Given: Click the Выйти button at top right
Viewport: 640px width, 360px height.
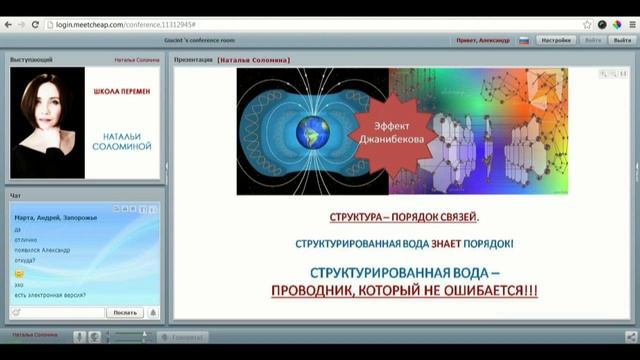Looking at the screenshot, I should [592, 40].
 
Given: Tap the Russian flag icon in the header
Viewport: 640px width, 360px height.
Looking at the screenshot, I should [522, 40].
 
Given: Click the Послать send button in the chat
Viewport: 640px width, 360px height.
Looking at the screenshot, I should [124, 312].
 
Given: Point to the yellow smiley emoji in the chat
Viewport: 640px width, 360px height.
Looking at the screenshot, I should [19, 273].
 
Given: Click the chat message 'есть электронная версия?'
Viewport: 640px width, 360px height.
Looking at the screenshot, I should [50, 294].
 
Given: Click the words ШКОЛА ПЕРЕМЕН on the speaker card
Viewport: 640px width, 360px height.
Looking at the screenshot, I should [121, 91].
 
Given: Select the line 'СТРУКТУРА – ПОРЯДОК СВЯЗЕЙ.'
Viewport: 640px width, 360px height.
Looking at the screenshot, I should [404, 216].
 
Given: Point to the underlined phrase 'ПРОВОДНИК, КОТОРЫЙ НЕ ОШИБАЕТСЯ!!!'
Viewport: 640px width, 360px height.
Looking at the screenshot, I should [404, 290].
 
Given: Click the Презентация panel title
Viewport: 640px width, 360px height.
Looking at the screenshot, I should [193, 59].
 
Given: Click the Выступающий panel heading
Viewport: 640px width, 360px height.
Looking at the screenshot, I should [32, 59].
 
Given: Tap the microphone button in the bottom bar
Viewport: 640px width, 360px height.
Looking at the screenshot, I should [78, 337].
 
